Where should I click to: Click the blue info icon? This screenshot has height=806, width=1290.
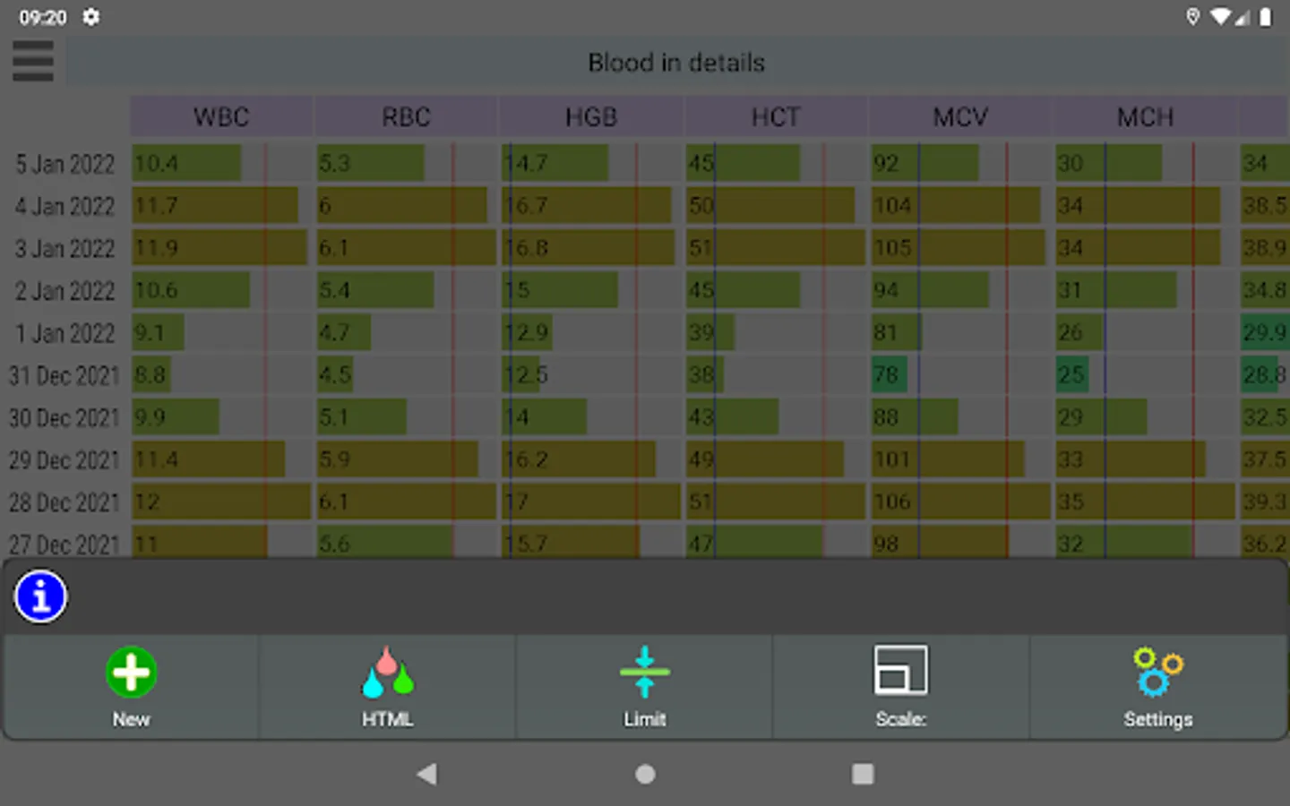click(41, 597)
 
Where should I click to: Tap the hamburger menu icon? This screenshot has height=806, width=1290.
click(33, 62)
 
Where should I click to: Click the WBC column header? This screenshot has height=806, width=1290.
click(221, 117)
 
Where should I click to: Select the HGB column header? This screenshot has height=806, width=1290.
click(591, 117)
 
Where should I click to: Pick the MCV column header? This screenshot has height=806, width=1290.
click(960, 117)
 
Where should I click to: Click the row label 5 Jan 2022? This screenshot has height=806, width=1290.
click(65, 165)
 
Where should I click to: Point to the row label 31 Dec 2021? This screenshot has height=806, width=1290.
click(64, 375)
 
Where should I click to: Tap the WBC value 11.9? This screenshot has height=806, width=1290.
click(156, 248)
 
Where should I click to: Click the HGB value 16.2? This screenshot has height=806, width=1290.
click(527, 459)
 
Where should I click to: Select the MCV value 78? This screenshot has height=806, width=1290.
click(887, 374)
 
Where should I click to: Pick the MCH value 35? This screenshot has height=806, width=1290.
click(1071, 502)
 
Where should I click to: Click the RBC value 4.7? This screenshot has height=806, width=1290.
click(334, 332)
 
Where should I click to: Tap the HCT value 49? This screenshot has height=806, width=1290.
click(701, 459)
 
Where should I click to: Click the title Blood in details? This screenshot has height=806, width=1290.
click(676, 63)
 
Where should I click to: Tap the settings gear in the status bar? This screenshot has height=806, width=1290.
click(91, 17)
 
